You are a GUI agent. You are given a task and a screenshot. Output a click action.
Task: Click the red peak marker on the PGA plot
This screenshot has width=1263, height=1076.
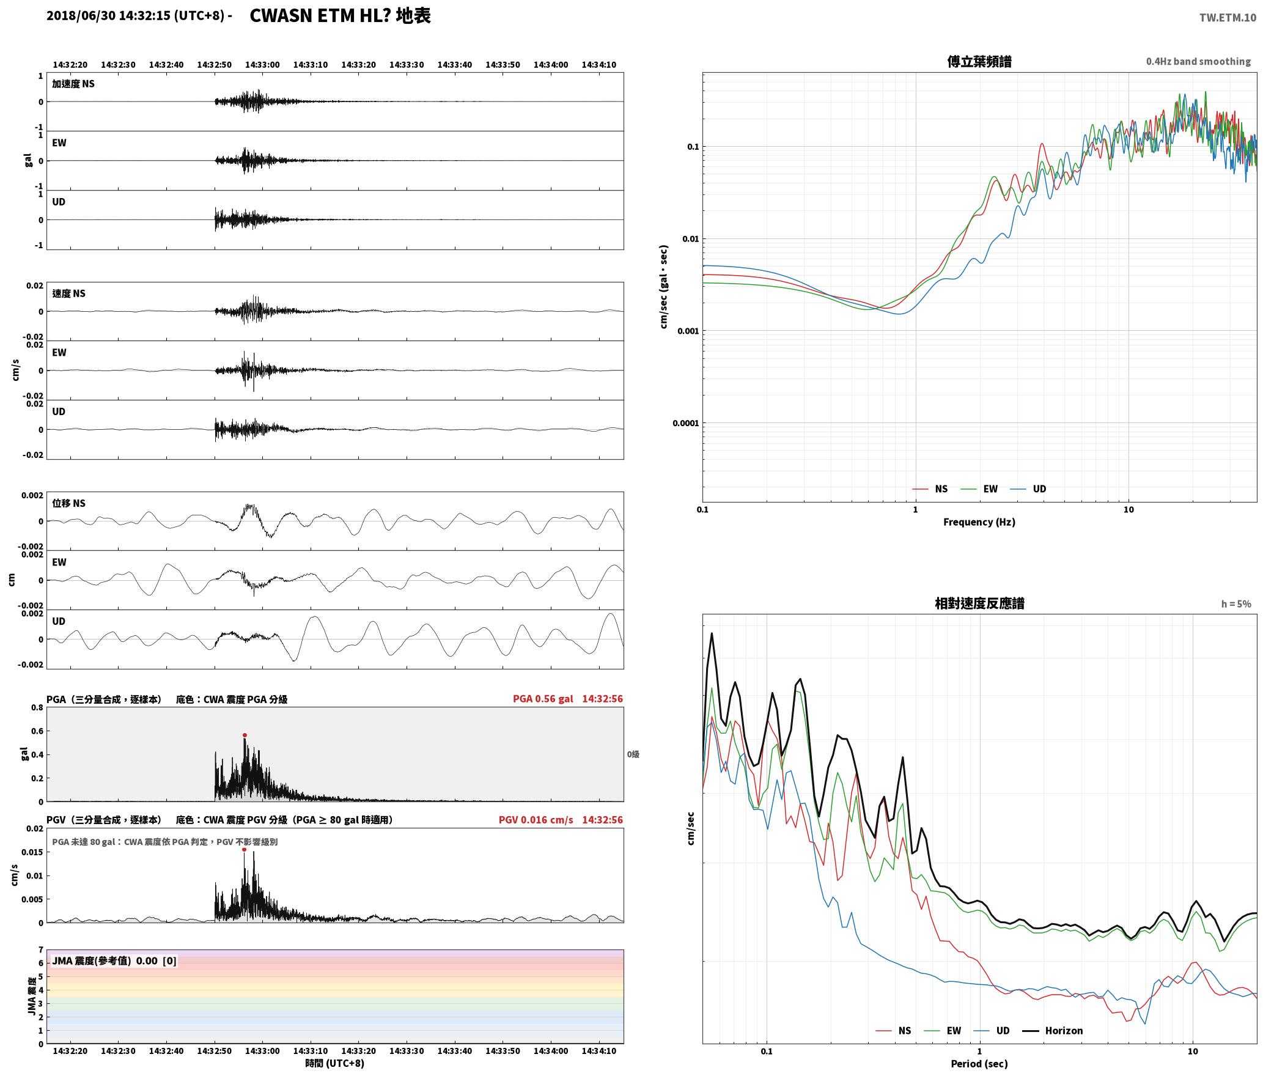tap(245, 735)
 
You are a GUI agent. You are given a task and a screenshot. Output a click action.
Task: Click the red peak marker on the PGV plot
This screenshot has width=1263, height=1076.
tap(244, 849)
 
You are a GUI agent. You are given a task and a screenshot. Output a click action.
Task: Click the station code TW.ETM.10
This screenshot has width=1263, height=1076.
tap(1228, 18)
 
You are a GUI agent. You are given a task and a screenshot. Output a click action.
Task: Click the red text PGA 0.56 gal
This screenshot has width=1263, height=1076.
tap(543, 699)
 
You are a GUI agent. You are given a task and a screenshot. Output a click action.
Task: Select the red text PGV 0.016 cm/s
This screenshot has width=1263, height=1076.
tap(536, 820)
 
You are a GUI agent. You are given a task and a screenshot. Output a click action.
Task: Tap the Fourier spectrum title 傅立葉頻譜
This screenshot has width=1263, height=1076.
tap(979, 62)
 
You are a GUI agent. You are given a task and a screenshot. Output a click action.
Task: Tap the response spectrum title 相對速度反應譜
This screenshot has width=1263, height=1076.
tap(979, 603)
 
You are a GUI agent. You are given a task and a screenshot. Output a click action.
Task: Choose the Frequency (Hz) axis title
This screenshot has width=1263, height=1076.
tap(979, 522)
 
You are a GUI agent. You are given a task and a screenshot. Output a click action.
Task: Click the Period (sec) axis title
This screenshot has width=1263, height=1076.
tap(979, 1064)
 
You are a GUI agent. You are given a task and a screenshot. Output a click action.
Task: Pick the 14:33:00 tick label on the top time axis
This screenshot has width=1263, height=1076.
tap(262, 65)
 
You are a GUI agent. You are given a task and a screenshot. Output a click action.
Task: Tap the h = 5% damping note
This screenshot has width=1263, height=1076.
tap(1236, 604)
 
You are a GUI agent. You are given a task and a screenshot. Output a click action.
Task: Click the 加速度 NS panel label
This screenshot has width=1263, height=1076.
tap(73, 84)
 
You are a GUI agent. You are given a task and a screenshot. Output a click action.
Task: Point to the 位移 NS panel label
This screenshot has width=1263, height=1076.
tap(68, 503)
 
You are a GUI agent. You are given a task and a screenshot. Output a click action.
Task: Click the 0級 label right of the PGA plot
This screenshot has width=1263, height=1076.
tap(633, 754)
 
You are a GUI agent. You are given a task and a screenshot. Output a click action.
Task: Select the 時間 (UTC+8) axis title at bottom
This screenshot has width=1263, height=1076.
tap(335, 1063)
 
